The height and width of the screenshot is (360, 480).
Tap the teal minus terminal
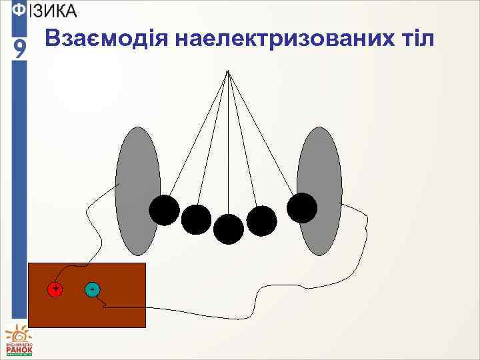93,289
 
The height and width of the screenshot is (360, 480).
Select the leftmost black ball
164,211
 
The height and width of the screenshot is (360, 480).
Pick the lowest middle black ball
229,229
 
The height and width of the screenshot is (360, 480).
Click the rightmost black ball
302,207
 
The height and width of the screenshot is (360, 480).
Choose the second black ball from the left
196,219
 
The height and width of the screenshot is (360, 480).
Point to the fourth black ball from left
261,221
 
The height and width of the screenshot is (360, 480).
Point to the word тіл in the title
415,41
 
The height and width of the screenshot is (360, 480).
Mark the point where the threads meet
228,71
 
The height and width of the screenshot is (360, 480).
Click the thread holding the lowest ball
229,147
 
